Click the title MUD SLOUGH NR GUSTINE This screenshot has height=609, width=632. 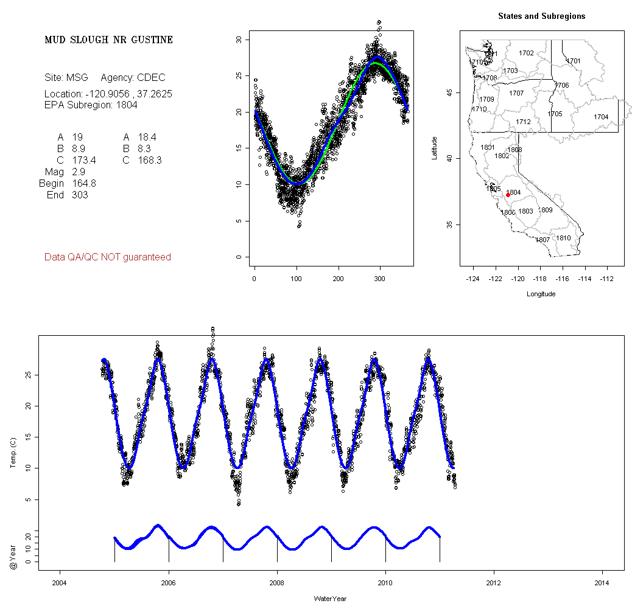pyautogui.click(x=108, y=40)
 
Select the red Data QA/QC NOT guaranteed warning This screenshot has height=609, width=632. pyautogui.click(x=108, y=257)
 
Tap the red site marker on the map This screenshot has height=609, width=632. pyautogui.click(x=508, y=195)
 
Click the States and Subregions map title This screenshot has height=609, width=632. pyautogui.click(x=541, y=16)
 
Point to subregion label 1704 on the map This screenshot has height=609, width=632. pyautogui.click(x=601, y=117)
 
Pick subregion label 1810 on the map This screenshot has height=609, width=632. pyautogui.click(x=563, y=238)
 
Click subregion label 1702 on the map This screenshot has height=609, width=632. pyautogui.click(x=526, y=54)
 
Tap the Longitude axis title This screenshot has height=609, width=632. pyautogui.click(x=541, y=294)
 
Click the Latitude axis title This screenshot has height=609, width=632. pyautogui.click(x=435, y=148)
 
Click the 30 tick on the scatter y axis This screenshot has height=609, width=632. pyautogui.click(x=239, y=40)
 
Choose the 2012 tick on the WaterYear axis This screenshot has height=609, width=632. pyautogui.click(x=494, y=583)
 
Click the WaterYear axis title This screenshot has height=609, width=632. pyautogui.click(x=330, y=599)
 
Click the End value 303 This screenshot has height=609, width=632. pyautogui.click(x=79, y=195)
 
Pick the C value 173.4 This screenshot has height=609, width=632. pyautogui.click(x=83, y=161)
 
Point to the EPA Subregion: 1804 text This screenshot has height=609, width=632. pyautogui.click(x=91, y=105)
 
